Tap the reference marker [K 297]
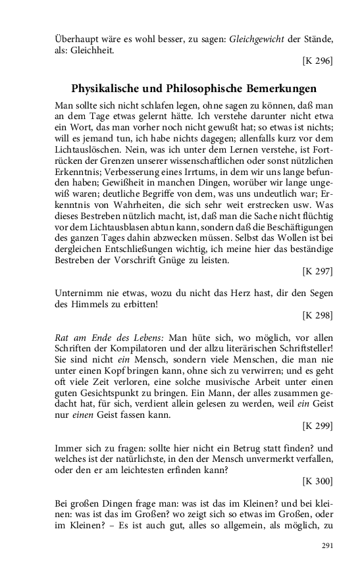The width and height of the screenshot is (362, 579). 317,270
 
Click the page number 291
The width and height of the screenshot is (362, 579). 327,545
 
